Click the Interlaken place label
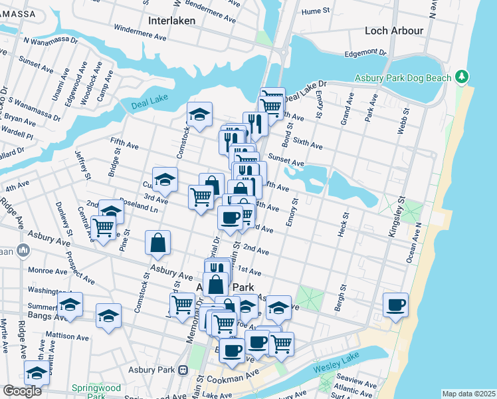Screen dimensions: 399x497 tap(170, 21)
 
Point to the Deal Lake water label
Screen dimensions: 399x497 tap(145, 100)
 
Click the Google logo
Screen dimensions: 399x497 tap(22, 391)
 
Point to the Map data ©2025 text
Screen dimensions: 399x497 tap(468, 394)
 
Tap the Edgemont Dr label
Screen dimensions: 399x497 tap(365, 53)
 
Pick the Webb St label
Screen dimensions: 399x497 tap(403, 120)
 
